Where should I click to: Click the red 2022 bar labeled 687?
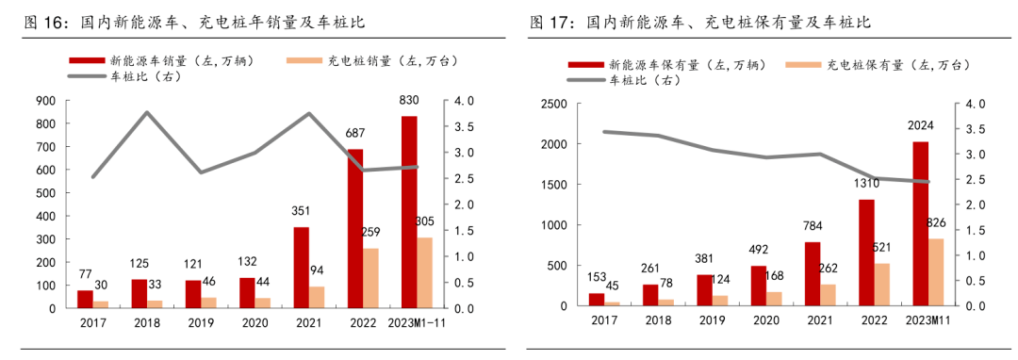point(355,228)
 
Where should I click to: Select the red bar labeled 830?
point(409,212)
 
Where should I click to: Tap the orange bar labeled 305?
point(425,272)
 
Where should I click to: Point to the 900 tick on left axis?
point(43,101)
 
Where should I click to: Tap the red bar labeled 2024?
point(920,224)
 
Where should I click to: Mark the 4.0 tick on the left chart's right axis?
point(464,101)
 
